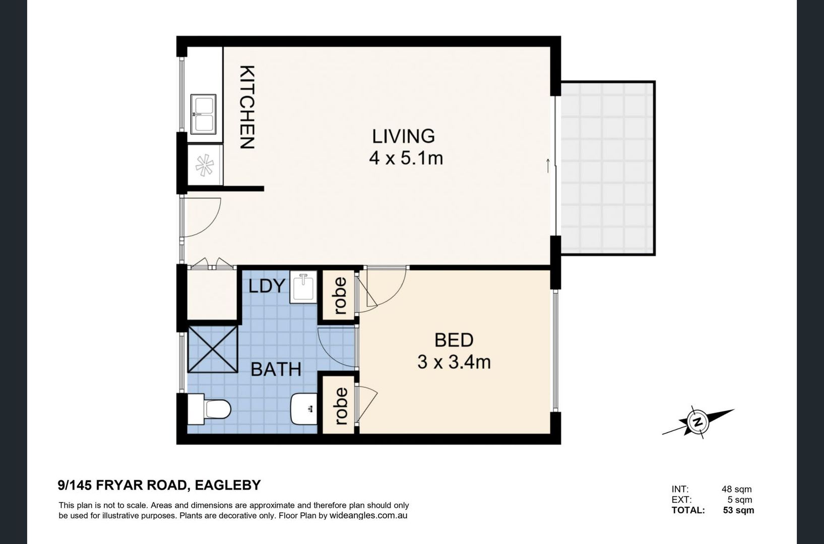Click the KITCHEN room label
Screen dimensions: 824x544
tap(247, 107)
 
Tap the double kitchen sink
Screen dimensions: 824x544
tap(203, 114)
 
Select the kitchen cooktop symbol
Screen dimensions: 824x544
tap(205, 165)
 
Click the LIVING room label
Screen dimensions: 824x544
tap(404, 136)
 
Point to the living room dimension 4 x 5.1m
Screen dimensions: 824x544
tap(406, 159)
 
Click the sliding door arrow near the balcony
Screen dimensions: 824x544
tap(548, 165)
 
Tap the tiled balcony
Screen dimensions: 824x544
tap(607, 168)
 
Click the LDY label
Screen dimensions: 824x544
tap(267, 286)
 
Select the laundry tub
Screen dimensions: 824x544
tap(303, 287)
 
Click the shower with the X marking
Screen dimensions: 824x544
tap(213, 349)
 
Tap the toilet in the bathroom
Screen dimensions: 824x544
tap(209, 409)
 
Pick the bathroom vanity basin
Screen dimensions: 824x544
tap(304, 409)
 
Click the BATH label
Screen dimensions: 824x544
tap(276, 369)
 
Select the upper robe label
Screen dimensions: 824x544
tap(340, 296)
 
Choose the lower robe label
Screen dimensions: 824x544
tap(341, 406)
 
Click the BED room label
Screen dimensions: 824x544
tap(454, 340)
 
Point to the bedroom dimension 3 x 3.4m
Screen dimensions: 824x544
tap(454, 362)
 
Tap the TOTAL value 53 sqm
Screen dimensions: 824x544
tap(738, 510)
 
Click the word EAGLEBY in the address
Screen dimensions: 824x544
tap(228, 485)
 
